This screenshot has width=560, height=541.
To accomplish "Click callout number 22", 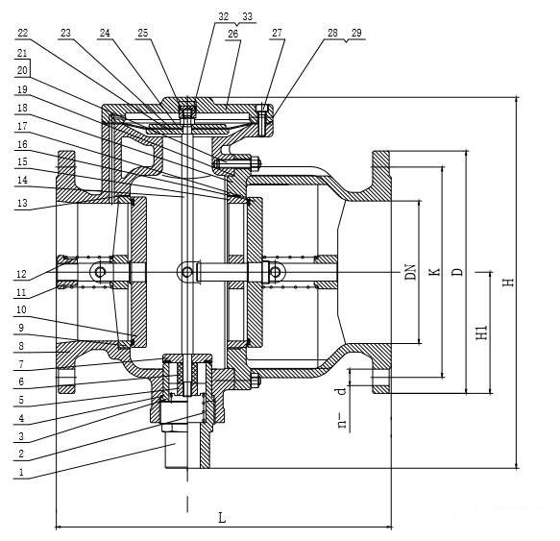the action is (x=23, y=33).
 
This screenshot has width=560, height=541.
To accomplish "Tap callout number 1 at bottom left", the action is (x=21, y=472).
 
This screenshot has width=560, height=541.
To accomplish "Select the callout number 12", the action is (x=21, y=274).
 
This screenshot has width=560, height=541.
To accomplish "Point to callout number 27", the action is (x=278, y=33).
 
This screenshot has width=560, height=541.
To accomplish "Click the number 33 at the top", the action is (x=247, y=16).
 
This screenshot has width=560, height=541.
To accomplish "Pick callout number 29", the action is (x=356, y=33).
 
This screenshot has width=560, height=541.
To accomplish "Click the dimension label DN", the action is (x=410, y=272).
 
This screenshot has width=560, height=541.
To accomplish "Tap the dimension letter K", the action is (x=434, y=272).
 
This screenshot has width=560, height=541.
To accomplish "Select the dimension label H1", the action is (x=482, y=332).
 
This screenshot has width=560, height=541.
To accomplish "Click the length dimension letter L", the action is (x=222, y=517).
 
